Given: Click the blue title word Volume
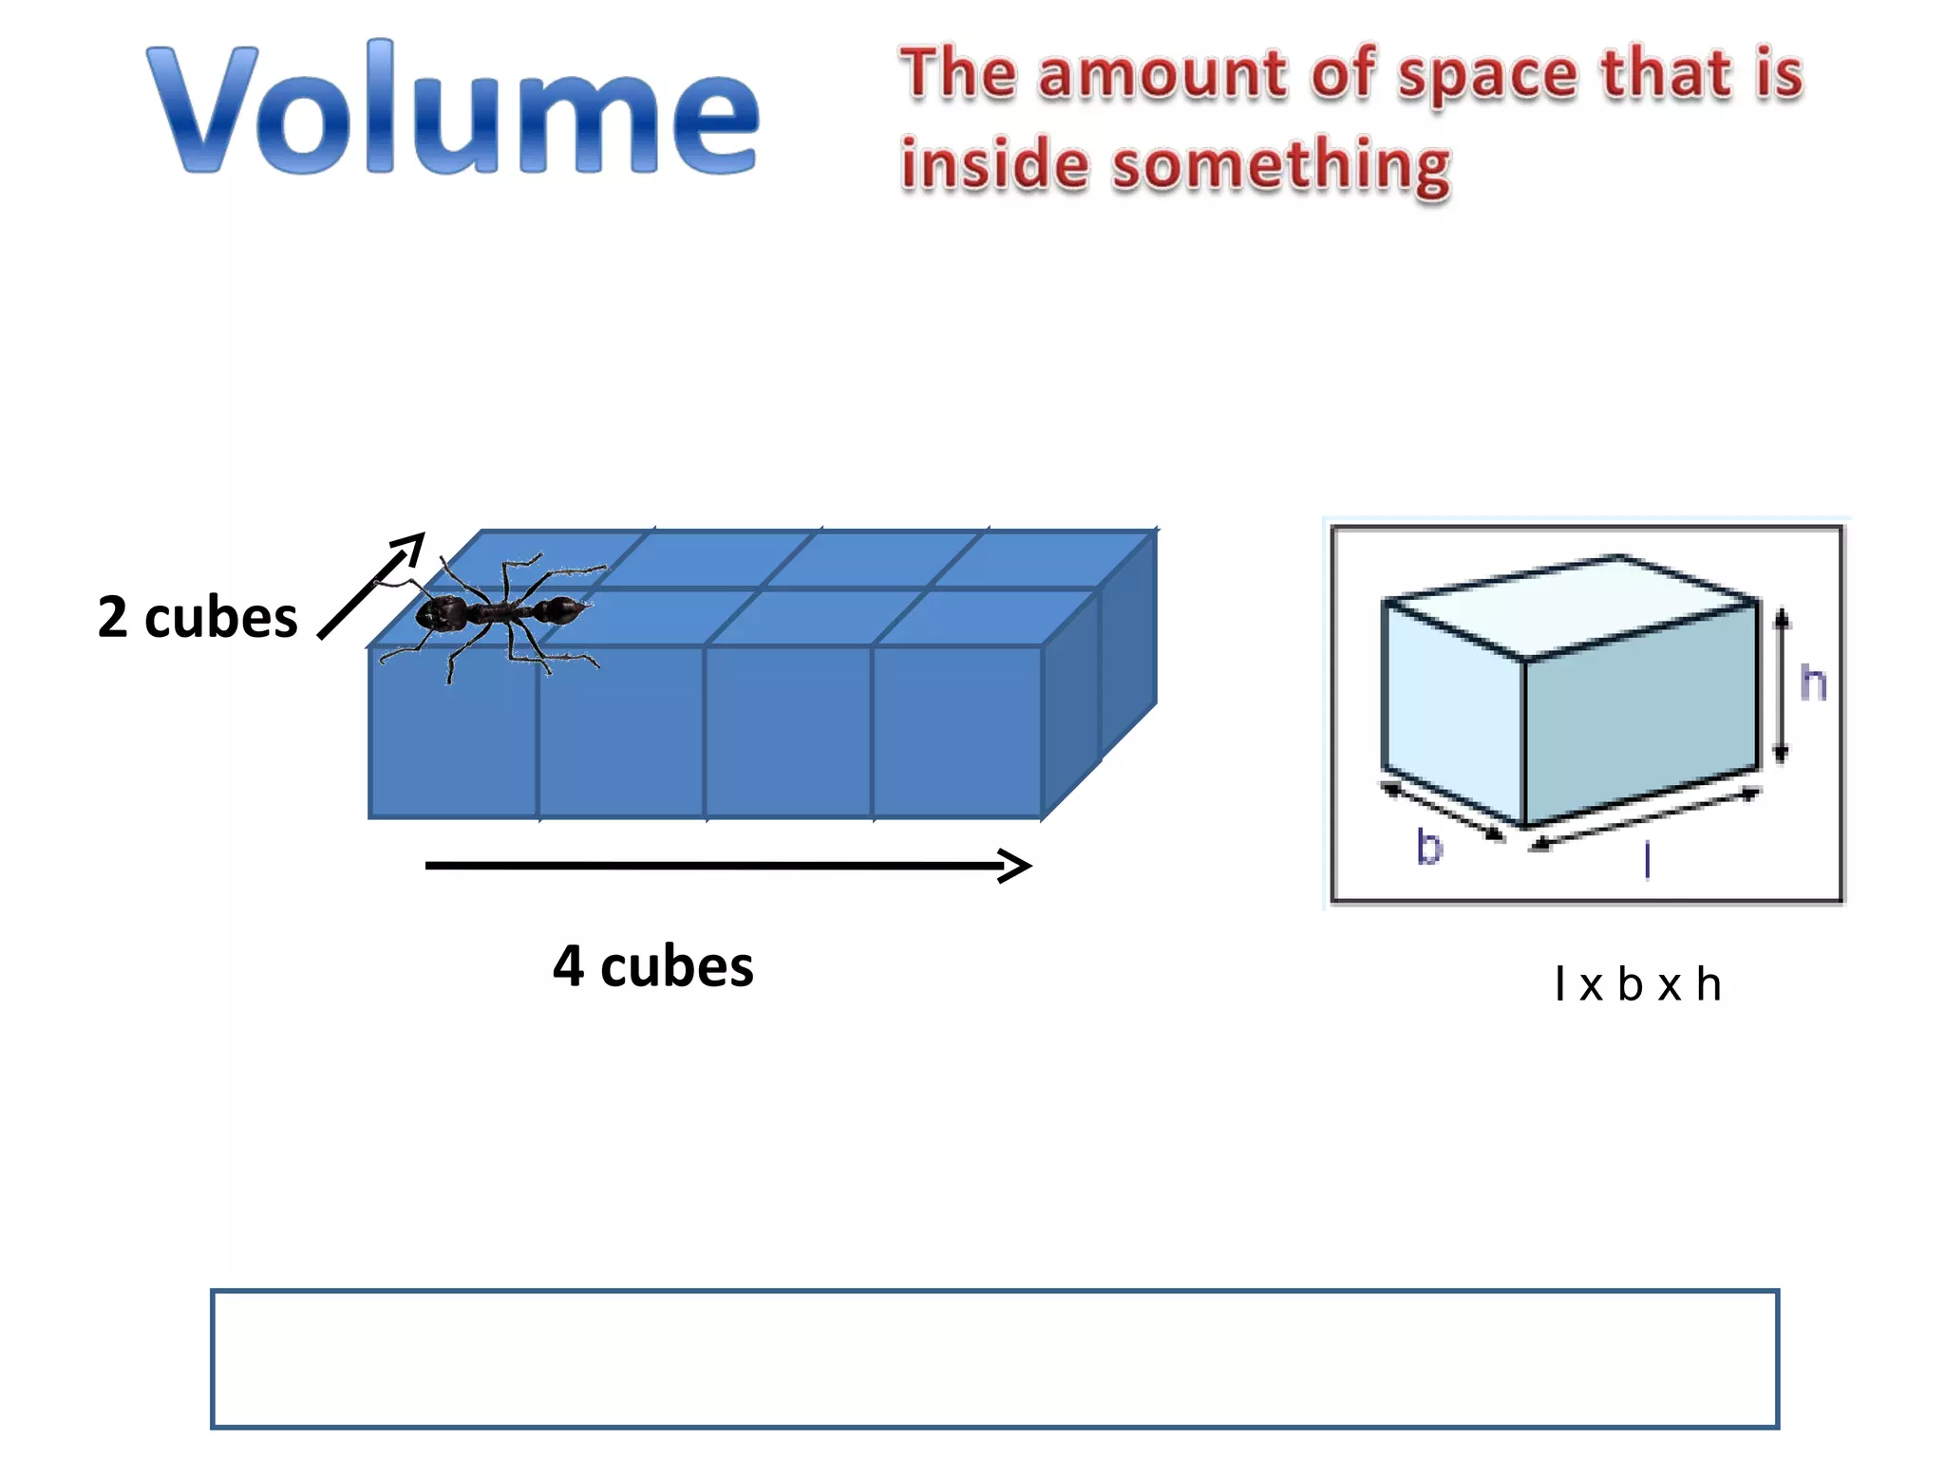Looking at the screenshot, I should [453, 109].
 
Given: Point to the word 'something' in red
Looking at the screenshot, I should [1281, 167].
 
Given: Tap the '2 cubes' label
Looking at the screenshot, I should [198, 617].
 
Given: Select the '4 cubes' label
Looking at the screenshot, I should [653, 966].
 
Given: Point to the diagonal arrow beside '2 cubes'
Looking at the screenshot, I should [371, 586].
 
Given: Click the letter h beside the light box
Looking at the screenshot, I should [1814, 682].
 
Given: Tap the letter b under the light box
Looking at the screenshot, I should [1429, 846].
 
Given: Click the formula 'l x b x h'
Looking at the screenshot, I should [1637, 984].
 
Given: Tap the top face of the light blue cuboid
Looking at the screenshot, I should [1572, 604].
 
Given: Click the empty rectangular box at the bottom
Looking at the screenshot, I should [994, 1358].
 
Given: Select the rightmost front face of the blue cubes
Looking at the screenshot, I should [956, 731].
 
